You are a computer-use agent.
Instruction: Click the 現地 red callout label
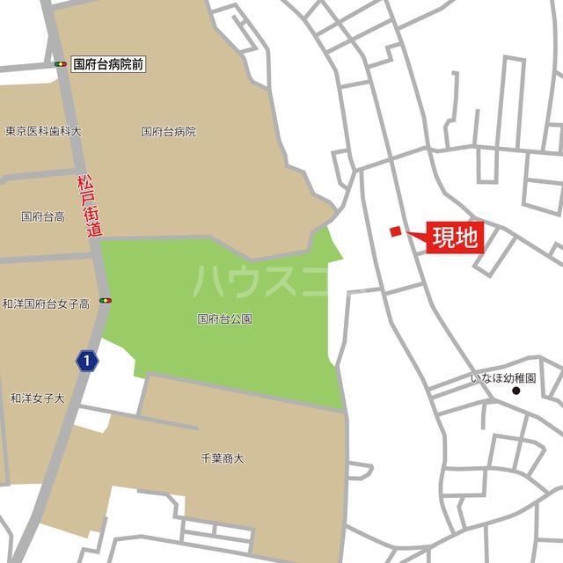pyautogui.click(x=456, y=238)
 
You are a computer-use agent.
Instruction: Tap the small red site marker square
pyautogui.click(x=396, y=231)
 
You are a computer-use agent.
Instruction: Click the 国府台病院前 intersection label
pyautogui.click(x=108, y=64)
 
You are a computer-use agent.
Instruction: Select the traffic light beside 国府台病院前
pyautogui.click(x=61, y=64)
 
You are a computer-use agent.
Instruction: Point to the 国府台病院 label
pyautogui.click(x=169, y=131)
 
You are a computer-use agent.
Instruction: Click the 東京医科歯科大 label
pyautogui.click(x=43, y=131)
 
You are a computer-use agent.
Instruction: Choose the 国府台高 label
pyautogui.click(x=43, y=216)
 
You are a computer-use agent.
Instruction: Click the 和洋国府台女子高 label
pyautogui.click(x=46, y=303)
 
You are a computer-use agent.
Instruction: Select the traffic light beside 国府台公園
pyautogui.click(x=106, y=301)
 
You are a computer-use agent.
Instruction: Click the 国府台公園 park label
pyautogui.click(x=225, y=318)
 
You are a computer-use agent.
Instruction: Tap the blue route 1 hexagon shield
pyautogui.click(x=85, y=361)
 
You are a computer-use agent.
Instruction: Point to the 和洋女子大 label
pyautogui.click(x=38, y=398)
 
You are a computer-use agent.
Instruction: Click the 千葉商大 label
pyautogui.click(x=223, y=458)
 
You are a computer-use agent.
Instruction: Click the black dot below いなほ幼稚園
pyautogui.click(x=516, y=391)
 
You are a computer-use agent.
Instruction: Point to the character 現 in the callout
pyautogui.click(x=445, y=238)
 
